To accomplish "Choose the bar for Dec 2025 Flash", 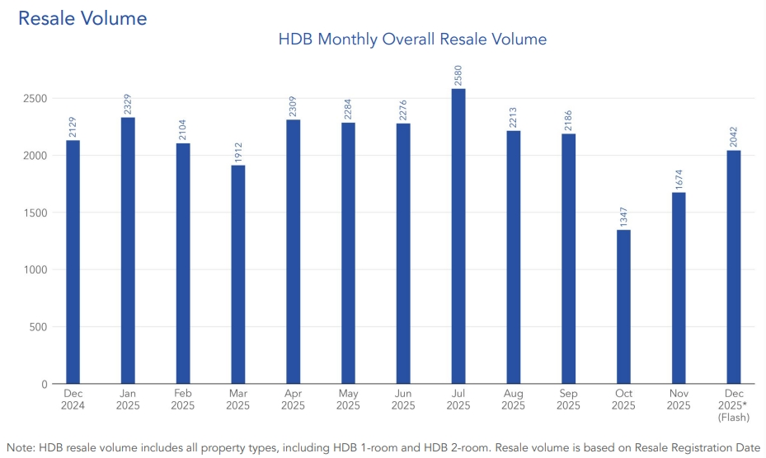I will click(734, 267).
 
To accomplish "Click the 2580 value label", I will click(458, 73).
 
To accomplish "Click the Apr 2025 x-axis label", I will click(293, 400).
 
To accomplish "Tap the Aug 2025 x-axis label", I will click(514, 400).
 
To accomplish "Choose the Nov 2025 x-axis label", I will click(679, 400).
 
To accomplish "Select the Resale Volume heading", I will click(82, 17).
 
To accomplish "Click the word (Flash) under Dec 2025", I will click(734, 418).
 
